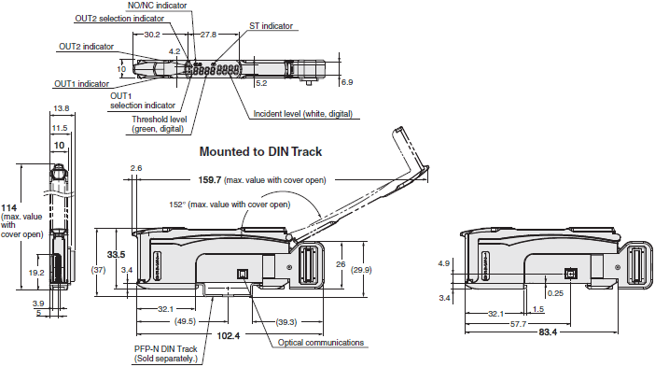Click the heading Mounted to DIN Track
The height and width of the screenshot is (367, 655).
260,151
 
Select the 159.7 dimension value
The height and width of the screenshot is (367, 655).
209,179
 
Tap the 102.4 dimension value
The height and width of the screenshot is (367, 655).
228,335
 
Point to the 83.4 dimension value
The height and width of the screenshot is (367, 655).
548,332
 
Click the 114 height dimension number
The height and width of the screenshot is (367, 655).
8,207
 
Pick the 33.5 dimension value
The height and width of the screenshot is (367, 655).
116,255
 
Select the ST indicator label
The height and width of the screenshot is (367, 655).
271,26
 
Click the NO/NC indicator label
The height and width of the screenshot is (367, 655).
157,6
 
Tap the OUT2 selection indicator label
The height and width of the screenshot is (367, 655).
119,19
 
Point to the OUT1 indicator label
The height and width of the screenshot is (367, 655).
81,84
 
